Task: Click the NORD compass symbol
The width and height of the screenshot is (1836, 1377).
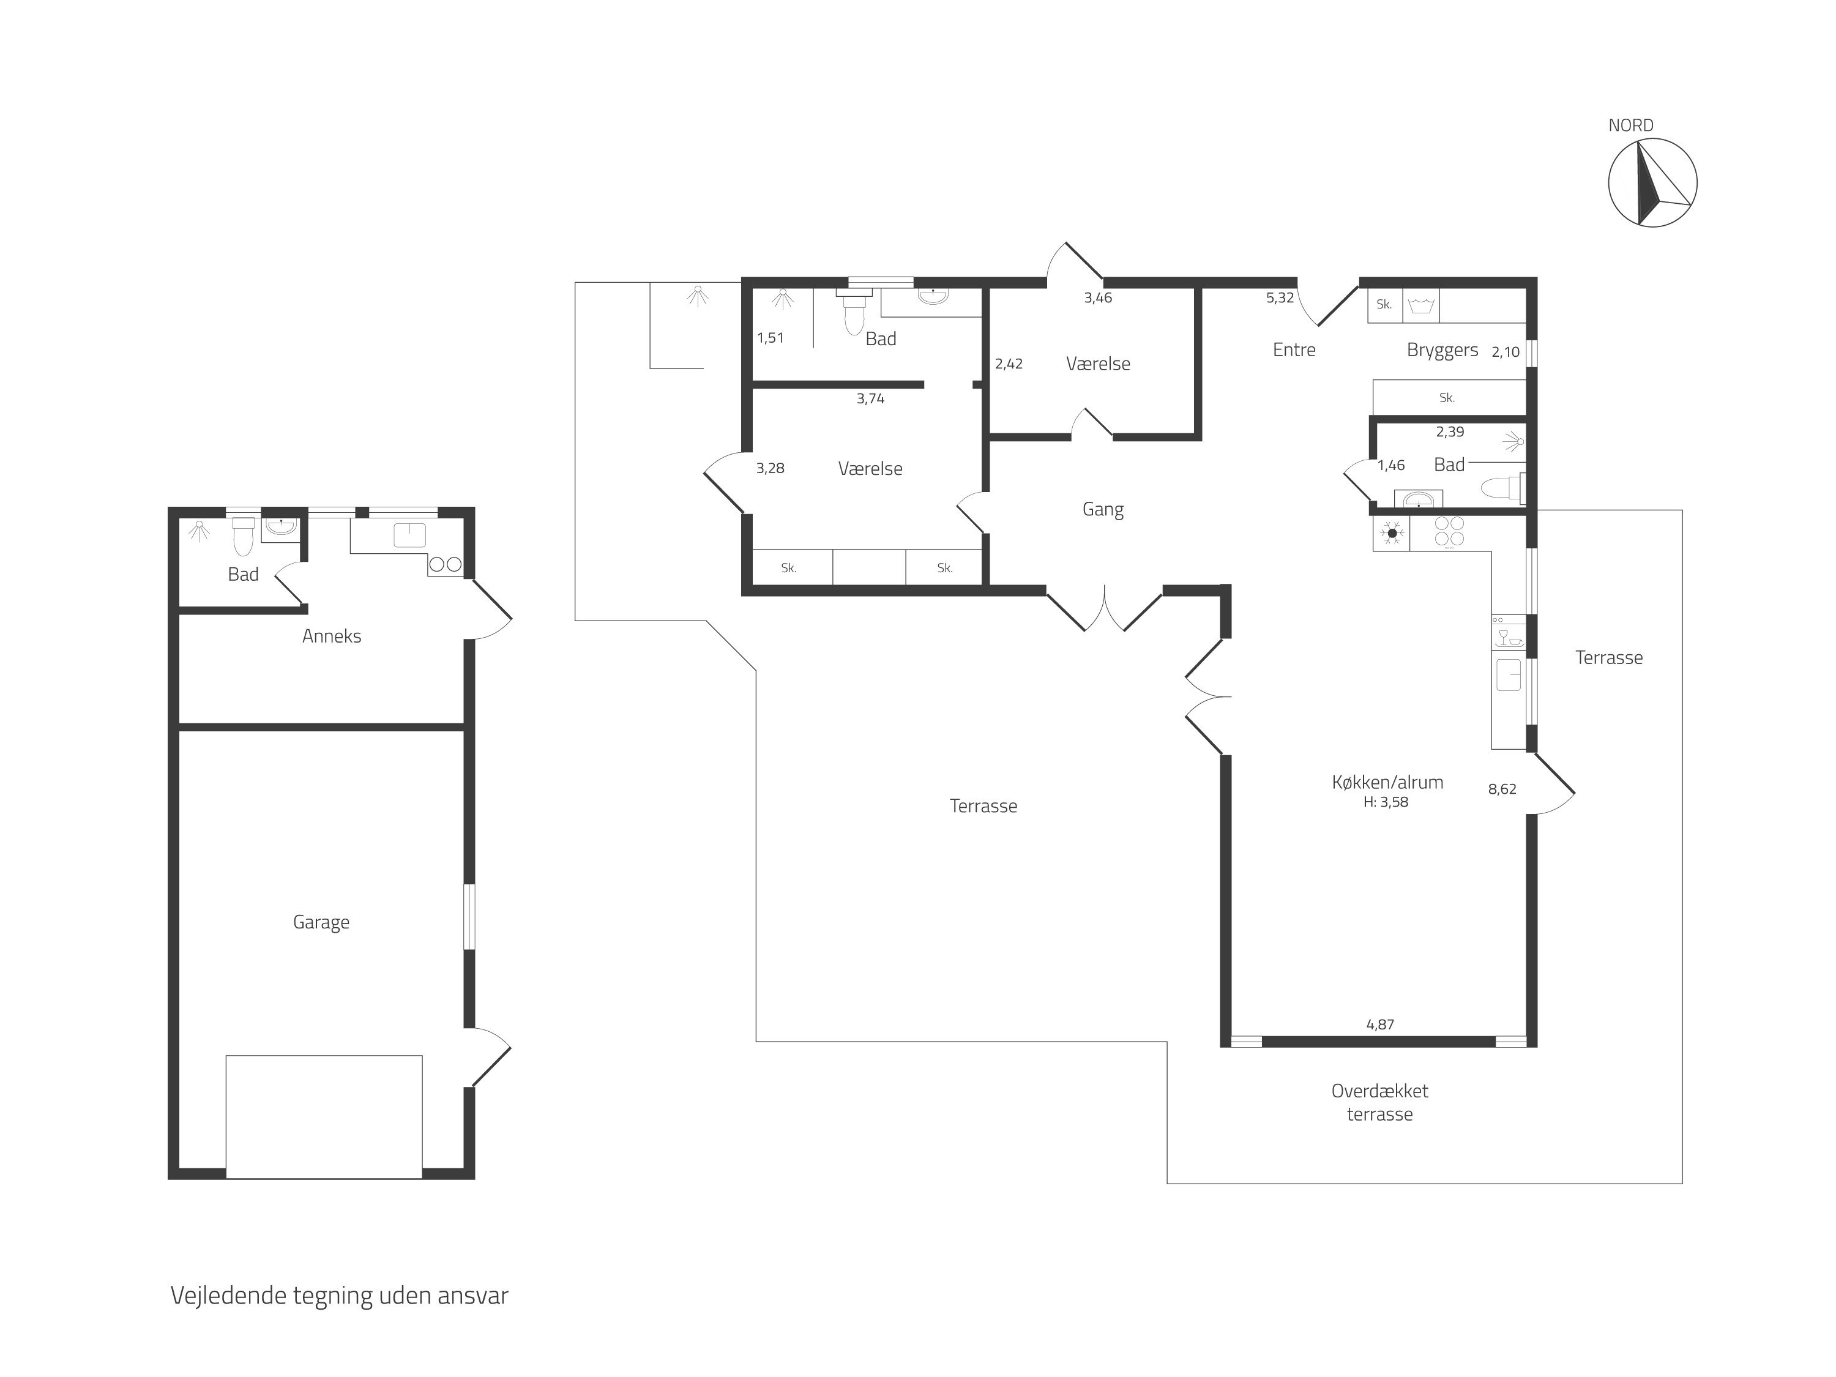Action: click(x=1652, y=182)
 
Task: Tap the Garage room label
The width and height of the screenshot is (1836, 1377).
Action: click(x=321, y=922)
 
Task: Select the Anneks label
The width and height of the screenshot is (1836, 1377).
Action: click(x=331, y=636)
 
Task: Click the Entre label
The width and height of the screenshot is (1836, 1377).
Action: click(x=1294, y=349)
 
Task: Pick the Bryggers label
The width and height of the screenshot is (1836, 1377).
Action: click(x=1442, y=350)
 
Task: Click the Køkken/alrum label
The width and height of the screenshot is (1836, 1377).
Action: click(x=1387, y=782)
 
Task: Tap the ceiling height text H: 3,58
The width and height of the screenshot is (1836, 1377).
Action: click(x=1386, y=802)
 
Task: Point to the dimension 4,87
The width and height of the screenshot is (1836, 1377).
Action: click(x=1380, y=1024)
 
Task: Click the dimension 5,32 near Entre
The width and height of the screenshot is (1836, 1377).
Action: click(x=1280, y=298)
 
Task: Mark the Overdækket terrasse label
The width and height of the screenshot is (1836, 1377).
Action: click(x=1379, y=1102)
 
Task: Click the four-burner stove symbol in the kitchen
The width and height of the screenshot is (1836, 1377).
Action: click(x=1449, y=531)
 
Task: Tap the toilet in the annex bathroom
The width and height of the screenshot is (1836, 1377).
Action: click(x=243, y=536)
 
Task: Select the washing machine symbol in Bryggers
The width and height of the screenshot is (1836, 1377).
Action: click(x=1421, y=305)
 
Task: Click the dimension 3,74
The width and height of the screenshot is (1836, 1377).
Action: click(x=871, y=399)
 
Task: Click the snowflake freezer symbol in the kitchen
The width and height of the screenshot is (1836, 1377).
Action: click(x=1392, y=533)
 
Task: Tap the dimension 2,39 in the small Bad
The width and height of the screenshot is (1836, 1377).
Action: click(x=1450, y=431)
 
